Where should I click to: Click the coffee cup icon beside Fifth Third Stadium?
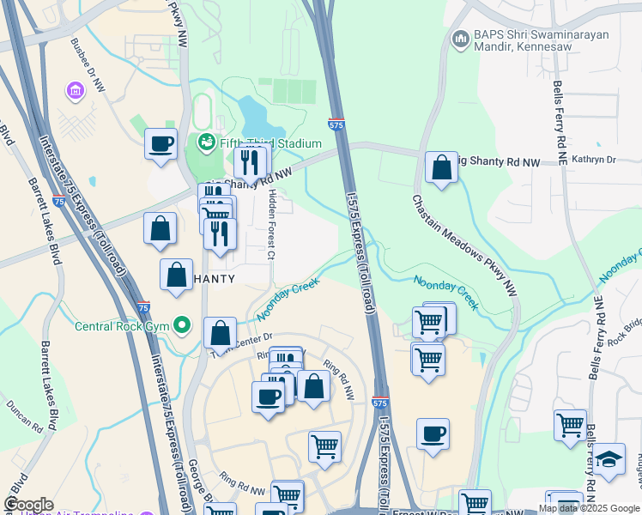pos(160,144)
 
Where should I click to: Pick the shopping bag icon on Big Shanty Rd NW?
pos(441,167)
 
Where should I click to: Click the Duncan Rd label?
pos(23,414)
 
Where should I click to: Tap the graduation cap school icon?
pos(609,461)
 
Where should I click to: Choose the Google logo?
pos(28,505)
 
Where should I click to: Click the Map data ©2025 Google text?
pos(588,508)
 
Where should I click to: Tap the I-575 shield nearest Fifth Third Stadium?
pos(337,125)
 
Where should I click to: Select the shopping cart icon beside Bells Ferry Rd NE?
pos(570,425)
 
